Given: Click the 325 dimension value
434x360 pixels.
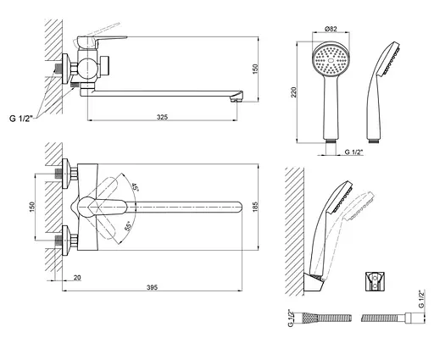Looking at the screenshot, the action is [162, 117].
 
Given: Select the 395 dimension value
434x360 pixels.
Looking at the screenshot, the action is [152, 287].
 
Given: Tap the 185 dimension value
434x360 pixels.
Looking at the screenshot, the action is [255, 207].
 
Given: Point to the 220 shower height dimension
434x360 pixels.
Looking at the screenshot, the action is [294, 92].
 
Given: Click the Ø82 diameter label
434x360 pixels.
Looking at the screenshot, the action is [331, 29].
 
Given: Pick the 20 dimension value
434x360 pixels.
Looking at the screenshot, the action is [77, 278].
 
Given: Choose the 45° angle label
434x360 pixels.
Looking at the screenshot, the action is [136, 187].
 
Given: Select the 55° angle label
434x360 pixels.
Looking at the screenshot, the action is [129, 227].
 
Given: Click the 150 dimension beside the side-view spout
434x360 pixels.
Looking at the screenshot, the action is [255, 69].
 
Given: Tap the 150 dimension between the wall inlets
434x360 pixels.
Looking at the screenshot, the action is [32, 207].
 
